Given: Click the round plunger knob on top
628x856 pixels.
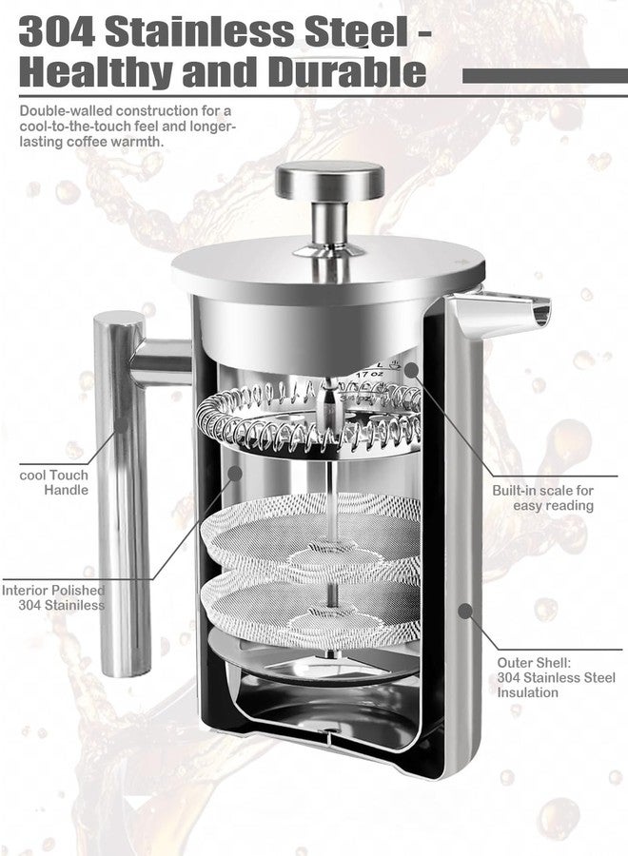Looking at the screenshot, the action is coord(329,180).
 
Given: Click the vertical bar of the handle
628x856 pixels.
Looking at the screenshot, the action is coord(121,494).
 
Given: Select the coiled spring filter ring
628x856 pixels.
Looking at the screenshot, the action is coord(308,418).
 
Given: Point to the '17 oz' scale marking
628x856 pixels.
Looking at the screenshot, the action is coord(369,375).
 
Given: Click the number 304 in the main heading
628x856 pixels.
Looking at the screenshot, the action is coord(57,32).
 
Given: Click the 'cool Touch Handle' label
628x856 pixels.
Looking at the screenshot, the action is coord(53,482).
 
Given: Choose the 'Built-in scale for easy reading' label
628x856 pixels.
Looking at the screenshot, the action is coord(542,497).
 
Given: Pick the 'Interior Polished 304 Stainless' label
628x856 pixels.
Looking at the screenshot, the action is coord(53,598).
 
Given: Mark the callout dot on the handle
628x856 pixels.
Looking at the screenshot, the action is coord(121,425).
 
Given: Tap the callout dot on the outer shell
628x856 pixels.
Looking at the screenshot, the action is coord(464,611).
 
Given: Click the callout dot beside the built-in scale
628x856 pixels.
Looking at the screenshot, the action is coord(411,370).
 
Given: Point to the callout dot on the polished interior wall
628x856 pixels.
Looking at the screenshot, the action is coord(234,473).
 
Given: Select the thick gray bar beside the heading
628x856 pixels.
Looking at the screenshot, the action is coord(545,76).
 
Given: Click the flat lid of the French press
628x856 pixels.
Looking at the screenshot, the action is coord(328,267).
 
